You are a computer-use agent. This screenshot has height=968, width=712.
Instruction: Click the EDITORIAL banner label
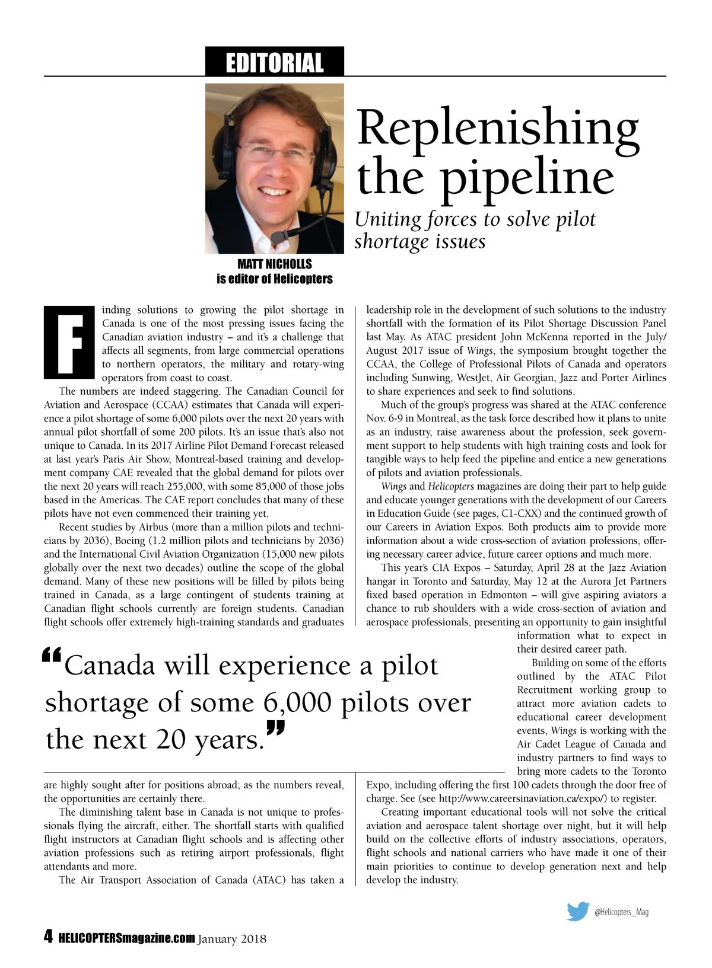click(x=274, y=62)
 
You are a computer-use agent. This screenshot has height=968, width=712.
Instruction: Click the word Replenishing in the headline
click(x=497, y=127)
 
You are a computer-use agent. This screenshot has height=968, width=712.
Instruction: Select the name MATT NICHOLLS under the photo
click(x=274, y=264)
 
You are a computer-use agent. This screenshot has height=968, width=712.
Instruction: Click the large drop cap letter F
click(x=69, y=342)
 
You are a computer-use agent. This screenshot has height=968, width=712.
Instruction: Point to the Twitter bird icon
click(x=577, y=911)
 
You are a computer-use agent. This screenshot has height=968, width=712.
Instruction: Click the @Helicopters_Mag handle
click(x=621, y=912)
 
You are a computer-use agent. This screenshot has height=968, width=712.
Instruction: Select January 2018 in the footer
click(x=232, y=939)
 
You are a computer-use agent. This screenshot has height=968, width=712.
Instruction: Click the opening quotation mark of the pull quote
click(x=52, y=656)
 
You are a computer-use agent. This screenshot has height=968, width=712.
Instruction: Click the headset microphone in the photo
click(x=278, y=237)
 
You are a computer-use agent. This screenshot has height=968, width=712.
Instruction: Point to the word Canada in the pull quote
click(x=109, y=666)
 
